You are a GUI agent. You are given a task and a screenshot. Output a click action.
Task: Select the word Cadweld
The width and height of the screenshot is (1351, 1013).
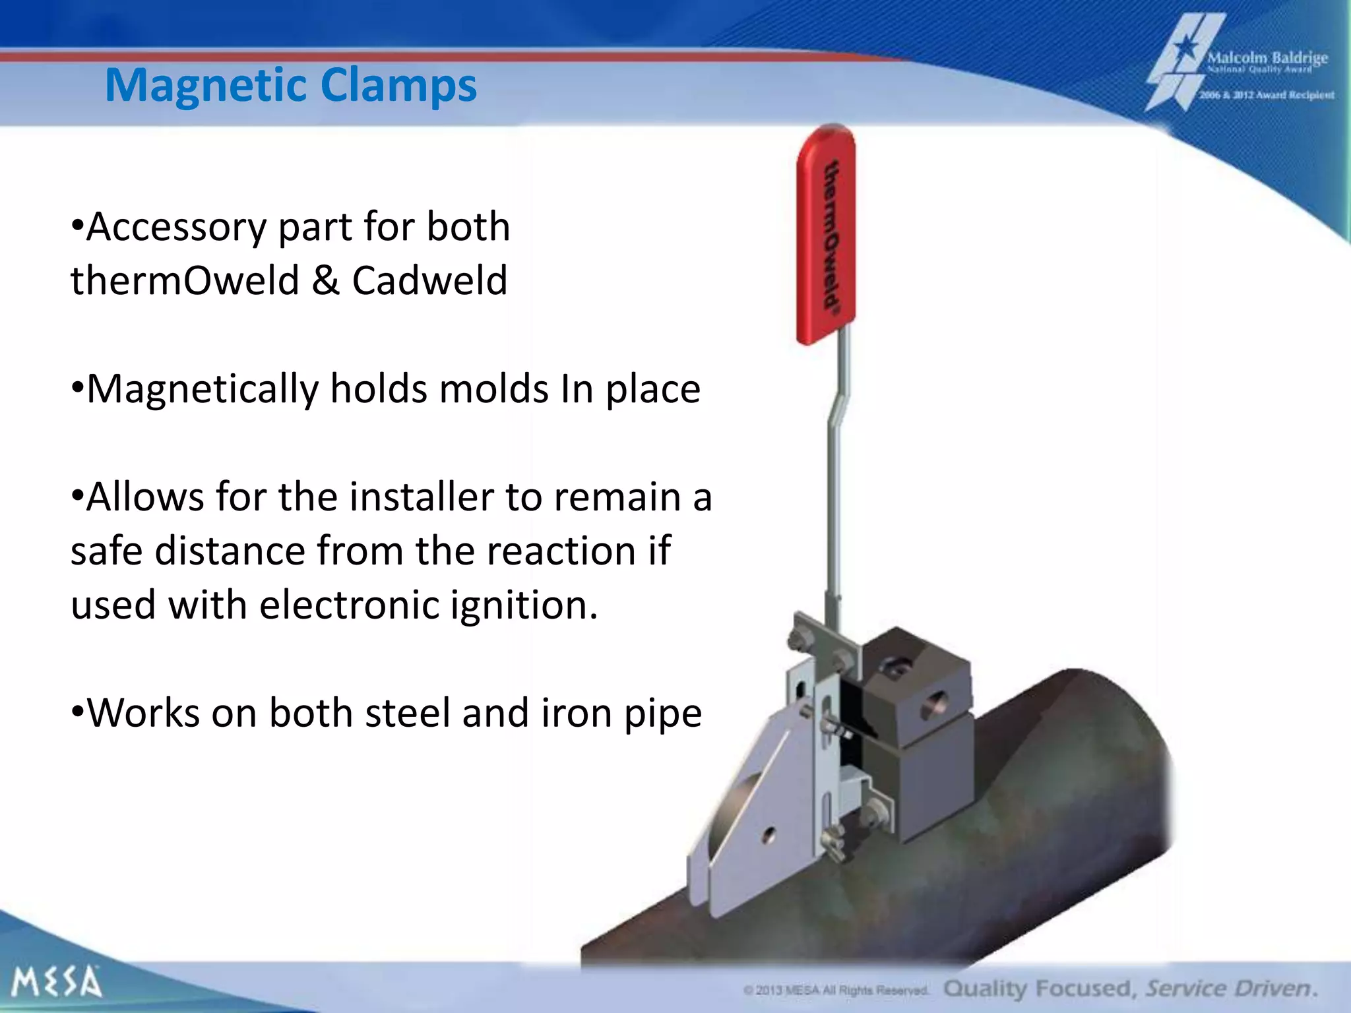click(x=429, y=280)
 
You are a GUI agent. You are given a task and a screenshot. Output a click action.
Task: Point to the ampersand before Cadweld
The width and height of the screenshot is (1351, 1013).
click(x=325, y=280)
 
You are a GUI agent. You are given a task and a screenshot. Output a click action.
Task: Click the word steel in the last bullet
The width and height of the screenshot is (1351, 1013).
click(x=406, y=714)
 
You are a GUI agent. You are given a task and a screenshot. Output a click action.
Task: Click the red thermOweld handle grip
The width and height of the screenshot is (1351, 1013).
click(x=827, y=234)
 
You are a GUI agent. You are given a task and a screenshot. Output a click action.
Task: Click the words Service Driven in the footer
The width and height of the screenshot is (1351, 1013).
click(x=1230, y=989)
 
